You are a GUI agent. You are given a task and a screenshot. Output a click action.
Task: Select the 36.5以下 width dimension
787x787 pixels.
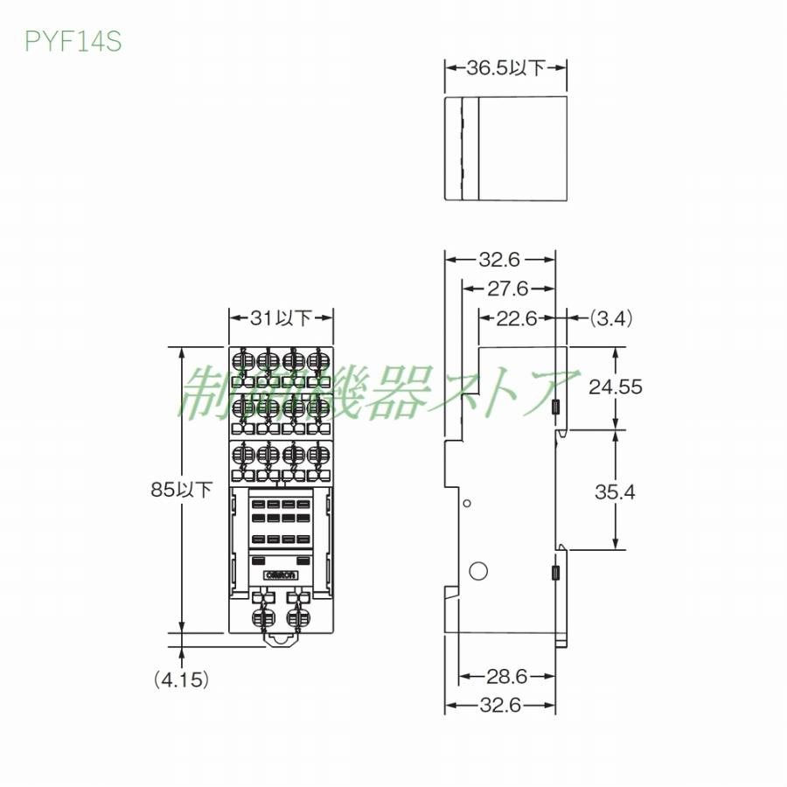coord(506,67)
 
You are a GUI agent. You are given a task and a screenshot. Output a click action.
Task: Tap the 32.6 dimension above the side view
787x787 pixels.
coord(499,259)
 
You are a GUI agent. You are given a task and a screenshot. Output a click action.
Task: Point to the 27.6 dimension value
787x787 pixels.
coord(508,288)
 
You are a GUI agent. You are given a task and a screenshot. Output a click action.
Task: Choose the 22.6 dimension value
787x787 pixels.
coord(516,318)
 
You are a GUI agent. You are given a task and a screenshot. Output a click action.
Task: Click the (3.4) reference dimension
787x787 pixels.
coord(611,318)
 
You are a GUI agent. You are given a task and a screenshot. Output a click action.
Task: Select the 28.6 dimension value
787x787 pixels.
coord(506,677)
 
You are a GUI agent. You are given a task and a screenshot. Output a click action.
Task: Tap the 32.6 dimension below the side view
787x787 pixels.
coord(500,705)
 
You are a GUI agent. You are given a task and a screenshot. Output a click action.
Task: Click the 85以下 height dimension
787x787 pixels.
coord(181,489)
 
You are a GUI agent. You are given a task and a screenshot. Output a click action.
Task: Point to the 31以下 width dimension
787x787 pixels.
coord(280,317)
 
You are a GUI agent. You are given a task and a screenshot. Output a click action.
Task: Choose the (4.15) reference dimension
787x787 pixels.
coord(181,678)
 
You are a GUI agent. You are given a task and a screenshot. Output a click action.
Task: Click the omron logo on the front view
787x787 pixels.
coord(282,575)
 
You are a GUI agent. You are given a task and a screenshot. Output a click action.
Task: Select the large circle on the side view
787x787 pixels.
coord(478,572)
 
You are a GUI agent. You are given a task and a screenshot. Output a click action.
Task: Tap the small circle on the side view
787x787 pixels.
coord(467,503)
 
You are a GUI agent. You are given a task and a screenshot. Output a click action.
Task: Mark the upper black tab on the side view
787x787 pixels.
coord(555,407)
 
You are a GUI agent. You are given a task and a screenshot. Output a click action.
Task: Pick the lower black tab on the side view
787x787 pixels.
coord(555,573)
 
